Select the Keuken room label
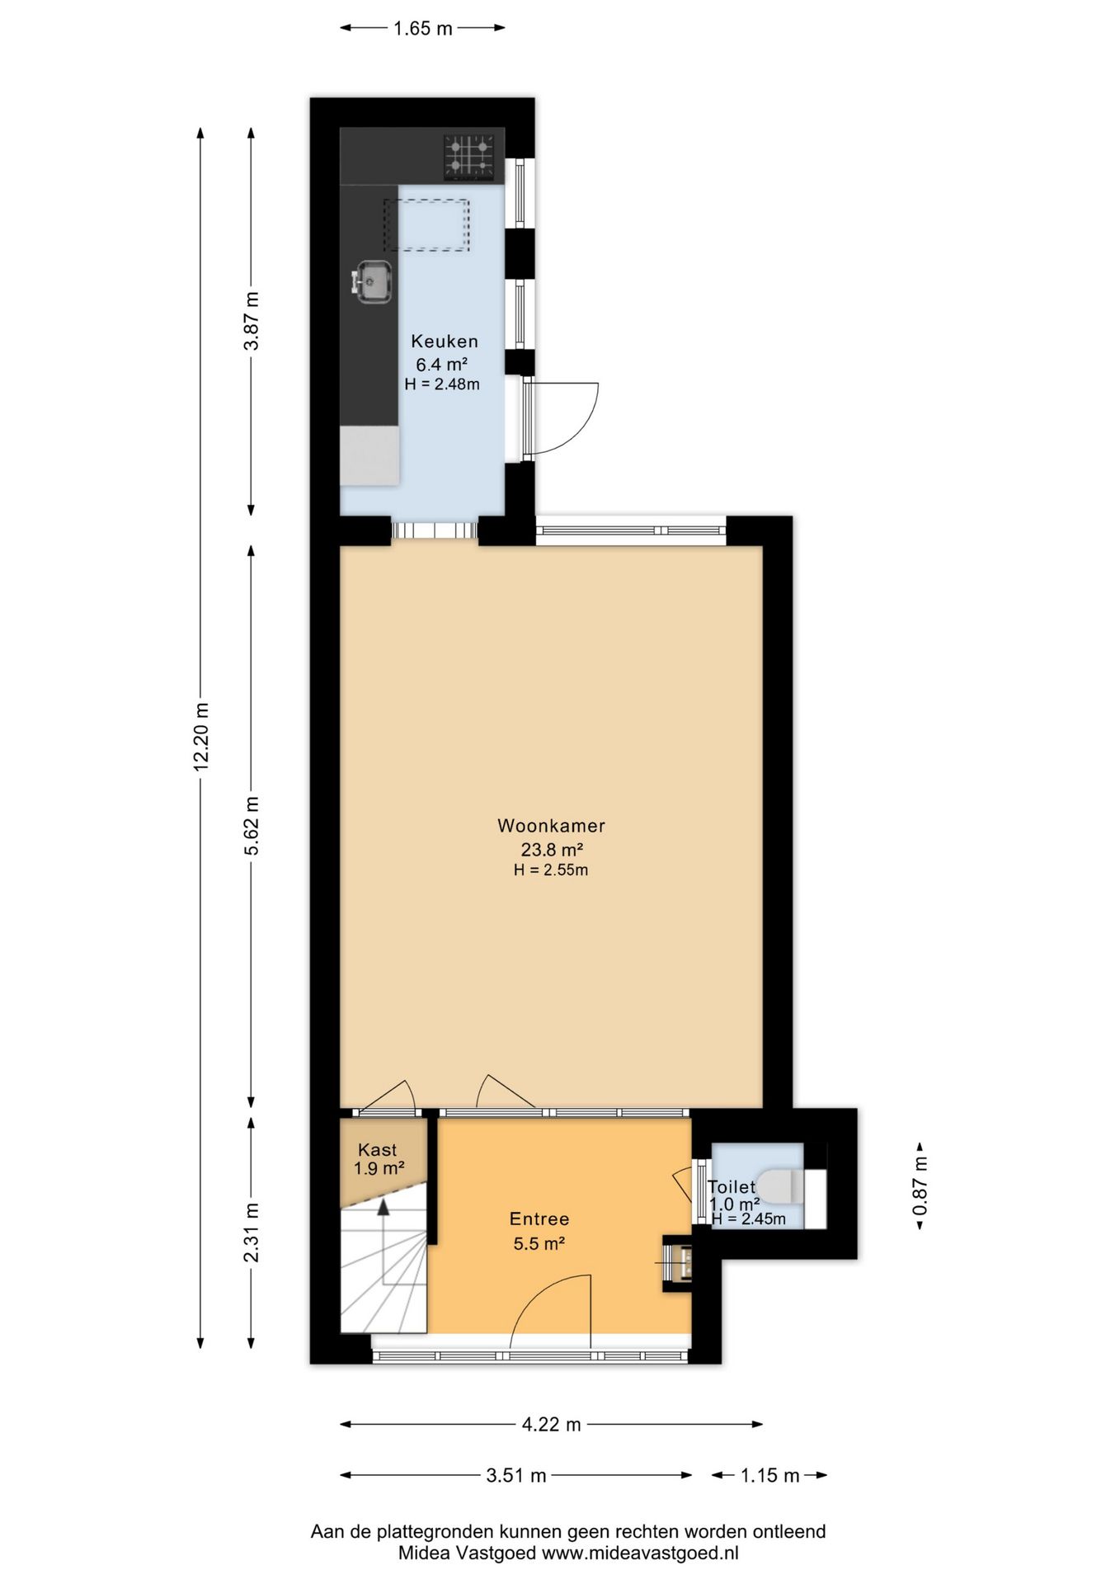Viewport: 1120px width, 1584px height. tap(445, 342)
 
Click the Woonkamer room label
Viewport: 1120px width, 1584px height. tap(551, 826)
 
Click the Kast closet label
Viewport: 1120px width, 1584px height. tap(378, 1150)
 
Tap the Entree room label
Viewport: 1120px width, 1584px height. tap(539, 1219)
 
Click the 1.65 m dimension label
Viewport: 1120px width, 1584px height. tap(423, 29)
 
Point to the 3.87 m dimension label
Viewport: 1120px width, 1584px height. tap(252, 322)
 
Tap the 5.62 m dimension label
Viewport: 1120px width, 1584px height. tap(252, 826)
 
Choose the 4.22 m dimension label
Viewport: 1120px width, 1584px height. tap(551, 1425)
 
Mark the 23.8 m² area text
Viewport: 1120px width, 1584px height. tap(551, 850)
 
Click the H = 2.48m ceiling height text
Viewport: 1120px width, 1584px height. tap(442, 384)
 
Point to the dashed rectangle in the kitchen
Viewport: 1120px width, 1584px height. tap(427, 224)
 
